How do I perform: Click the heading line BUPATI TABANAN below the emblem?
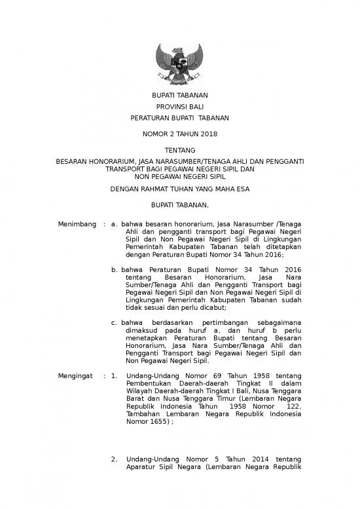pos(179,96)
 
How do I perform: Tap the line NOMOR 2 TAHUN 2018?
pos(179,134)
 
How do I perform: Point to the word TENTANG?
pos(179,151)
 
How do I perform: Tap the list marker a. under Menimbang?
pos(115,224)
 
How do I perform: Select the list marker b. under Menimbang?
pos(115,270)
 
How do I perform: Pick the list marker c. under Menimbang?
pos(115,324)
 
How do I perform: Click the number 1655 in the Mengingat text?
pos(158,423)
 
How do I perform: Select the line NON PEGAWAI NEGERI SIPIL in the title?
pos(179,176)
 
